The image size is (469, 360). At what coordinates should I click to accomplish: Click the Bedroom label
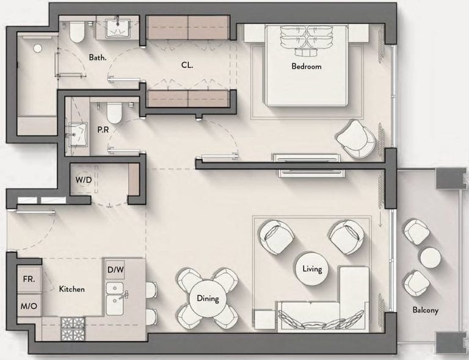(307, 66)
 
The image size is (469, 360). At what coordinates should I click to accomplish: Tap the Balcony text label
(425, 310)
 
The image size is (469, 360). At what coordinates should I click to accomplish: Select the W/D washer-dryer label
(84, 180)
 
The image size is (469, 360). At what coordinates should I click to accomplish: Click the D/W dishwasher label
(115, 270)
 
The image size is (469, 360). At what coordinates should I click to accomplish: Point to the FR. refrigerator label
(29, 279)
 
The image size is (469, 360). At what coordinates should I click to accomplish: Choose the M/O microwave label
(29, 306)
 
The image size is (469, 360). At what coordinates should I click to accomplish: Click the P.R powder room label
(103, 130)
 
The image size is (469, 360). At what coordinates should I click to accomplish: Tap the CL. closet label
(187, 65)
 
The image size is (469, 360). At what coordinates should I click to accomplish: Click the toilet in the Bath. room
(76, 32)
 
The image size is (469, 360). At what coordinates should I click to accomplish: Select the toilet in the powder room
(114, 113)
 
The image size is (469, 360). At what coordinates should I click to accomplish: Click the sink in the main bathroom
(117, 29)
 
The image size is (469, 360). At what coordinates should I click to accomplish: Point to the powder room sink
(78, 134)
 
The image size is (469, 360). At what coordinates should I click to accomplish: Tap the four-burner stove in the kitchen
(73, 329)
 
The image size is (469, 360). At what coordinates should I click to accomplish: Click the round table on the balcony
(431, 257)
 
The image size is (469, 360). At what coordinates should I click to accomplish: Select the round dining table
(208, 298)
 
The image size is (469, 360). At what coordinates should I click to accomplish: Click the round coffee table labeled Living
(311, 268)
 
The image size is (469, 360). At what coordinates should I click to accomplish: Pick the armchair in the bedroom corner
(356, 139)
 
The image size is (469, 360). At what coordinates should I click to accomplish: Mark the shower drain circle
(37, 48)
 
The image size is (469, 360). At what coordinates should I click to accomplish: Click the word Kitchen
(72, 289)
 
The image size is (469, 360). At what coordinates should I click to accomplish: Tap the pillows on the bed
(307, 41)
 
